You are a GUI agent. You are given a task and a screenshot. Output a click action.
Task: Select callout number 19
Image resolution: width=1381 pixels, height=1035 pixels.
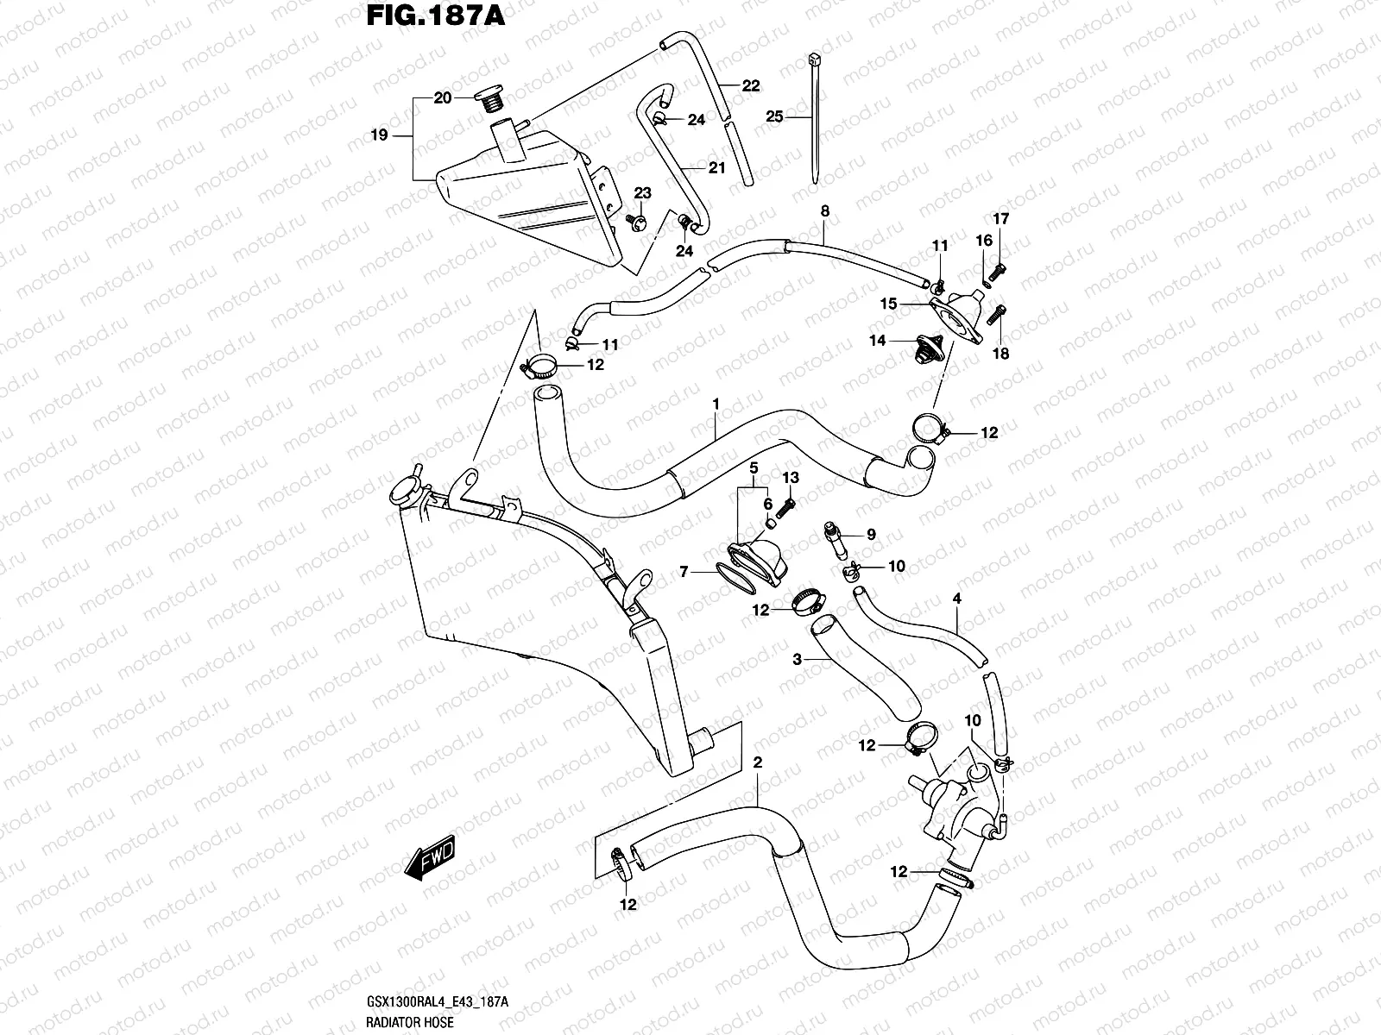coord(378,135)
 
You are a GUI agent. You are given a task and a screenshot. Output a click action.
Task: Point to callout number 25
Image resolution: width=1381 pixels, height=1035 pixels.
coord(774,116)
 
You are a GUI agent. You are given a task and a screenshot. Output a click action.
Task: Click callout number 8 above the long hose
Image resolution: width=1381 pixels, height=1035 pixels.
coord(824,210)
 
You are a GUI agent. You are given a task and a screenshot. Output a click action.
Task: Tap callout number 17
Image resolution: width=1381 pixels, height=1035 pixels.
coord(1000,219)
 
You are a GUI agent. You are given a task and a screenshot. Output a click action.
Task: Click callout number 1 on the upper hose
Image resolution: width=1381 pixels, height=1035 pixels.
coord(716,403)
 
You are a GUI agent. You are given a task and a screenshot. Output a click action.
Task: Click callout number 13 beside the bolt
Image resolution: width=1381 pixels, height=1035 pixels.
coord(791,478)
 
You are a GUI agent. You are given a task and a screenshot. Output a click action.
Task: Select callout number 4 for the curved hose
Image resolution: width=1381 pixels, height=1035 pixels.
coord(956,598)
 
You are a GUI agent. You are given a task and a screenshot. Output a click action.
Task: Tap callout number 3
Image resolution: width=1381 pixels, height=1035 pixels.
coord(798,659)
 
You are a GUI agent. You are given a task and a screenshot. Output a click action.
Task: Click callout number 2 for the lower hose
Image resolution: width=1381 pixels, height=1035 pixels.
coord(757,762)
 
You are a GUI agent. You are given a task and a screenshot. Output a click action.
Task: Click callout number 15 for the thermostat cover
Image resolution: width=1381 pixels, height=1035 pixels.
coord(889,304)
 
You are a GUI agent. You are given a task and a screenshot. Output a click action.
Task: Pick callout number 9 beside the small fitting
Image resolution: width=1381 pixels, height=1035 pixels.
coord(871,535)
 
